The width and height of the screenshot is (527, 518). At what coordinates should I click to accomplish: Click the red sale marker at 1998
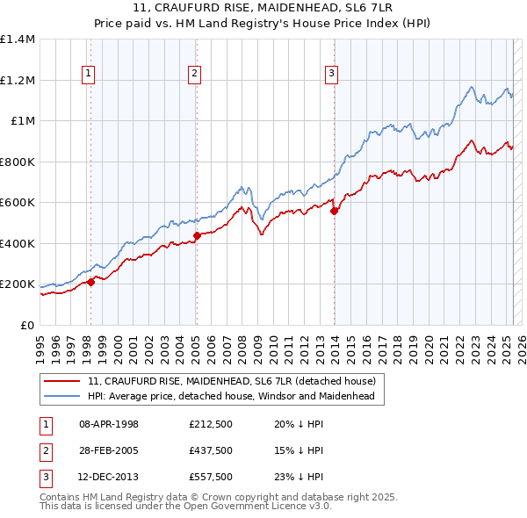coord(90,283)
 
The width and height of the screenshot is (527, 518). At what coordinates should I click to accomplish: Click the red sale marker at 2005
coord(197,235)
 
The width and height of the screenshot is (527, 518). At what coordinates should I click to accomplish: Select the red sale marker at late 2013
coord(334,211)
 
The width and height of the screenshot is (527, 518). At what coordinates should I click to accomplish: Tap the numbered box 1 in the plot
coord(90,74)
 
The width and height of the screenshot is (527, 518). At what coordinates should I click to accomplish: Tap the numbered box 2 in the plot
coord(193,74)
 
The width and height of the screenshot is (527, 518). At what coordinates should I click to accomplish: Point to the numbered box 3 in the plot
coord(332,74)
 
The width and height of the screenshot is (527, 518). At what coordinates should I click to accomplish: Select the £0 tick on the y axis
coord(26,325)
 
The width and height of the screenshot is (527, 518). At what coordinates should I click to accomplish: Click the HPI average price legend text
coord(230,397)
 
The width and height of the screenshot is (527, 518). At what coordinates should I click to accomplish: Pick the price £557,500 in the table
coord(211,478)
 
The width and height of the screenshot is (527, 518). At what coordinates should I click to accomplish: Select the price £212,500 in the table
coord(211,424)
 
